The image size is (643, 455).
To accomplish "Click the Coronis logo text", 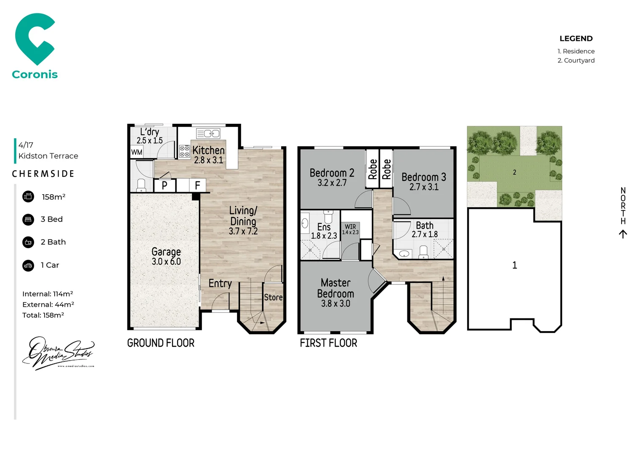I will (x=35, y=75).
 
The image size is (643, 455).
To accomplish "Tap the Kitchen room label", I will (x=208, y=150).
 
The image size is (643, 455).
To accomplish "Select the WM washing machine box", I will (x=137, y=152).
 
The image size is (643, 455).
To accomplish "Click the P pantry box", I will (x=165, y=185).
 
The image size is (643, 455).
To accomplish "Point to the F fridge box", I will (x=197, y=185).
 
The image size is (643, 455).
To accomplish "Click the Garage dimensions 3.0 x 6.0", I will (x=166, y=262).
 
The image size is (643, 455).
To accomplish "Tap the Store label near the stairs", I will (x=273, y=297).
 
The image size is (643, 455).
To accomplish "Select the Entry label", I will (x=220, y=284).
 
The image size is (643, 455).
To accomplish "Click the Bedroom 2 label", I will (x=332, y=173).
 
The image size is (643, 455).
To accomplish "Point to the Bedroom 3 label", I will (x=424, y=177).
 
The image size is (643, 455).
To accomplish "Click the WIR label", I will (x=350, y=227).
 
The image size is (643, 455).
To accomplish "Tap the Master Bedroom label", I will (x=335, y=288).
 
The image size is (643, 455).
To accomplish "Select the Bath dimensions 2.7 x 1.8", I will (x=425, y=234).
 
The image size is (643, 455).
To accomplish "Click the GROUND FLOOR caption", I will (x=161, y=343).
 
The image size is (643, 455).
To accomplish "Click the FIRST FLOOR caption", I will (x=328, y=343).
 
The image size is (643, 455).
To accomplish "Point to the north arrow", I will (x=623, y=234).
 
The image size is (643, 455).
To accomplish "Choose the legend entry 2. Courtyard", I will (x=576, y=61).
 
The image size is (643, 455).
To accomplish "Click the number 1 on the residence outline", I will (x=514, y=265).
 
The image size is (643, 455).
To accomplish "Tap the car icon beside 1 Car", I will (x=28, y=265).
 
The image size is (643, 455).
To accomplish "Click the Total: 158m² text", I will (x=43, y=315).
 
